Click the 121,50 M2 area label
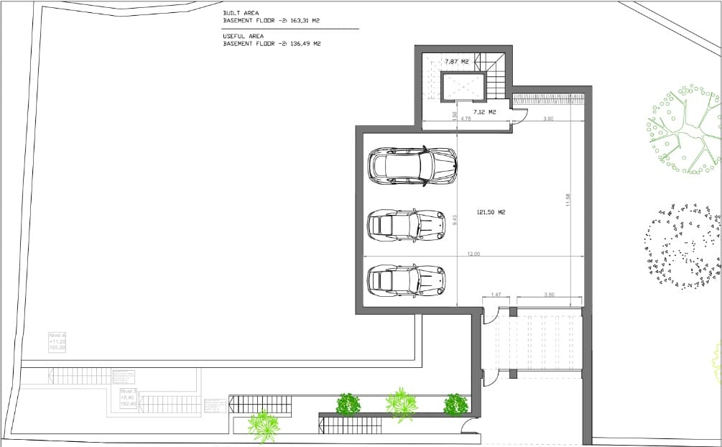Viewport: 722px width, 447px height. point(491,212)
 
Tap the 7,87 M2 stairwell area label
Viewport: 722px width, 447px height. point(456,62)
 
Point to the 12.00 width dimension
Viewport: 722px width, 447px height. point(473,254)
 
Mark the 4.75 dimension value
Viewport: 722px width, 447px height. point(466,119)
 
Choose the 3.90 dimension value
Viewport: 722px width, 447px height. point(548,119)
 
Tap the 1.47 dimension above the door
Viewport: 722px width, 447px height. point(496,295)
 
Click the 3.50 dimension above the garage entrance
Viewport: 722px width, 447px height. point(550,295)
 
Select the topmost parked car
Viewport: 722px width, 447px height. point(412,166)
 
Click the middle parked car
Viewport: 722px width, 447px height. point(406,225)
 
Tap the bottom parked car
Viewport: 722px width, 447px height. point(406,280)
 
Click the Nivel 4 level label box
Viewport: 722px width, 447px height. point(57,341)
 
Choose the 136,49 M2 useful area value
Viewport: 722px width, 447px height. point(305,44)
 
